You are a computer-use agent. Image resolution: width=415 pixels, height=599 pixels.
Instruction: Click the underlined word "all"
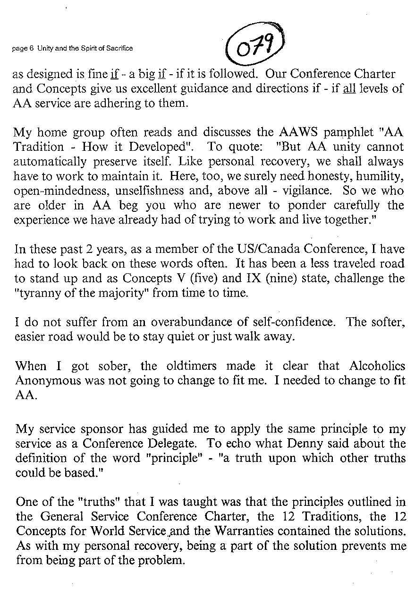click(349, 88)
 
